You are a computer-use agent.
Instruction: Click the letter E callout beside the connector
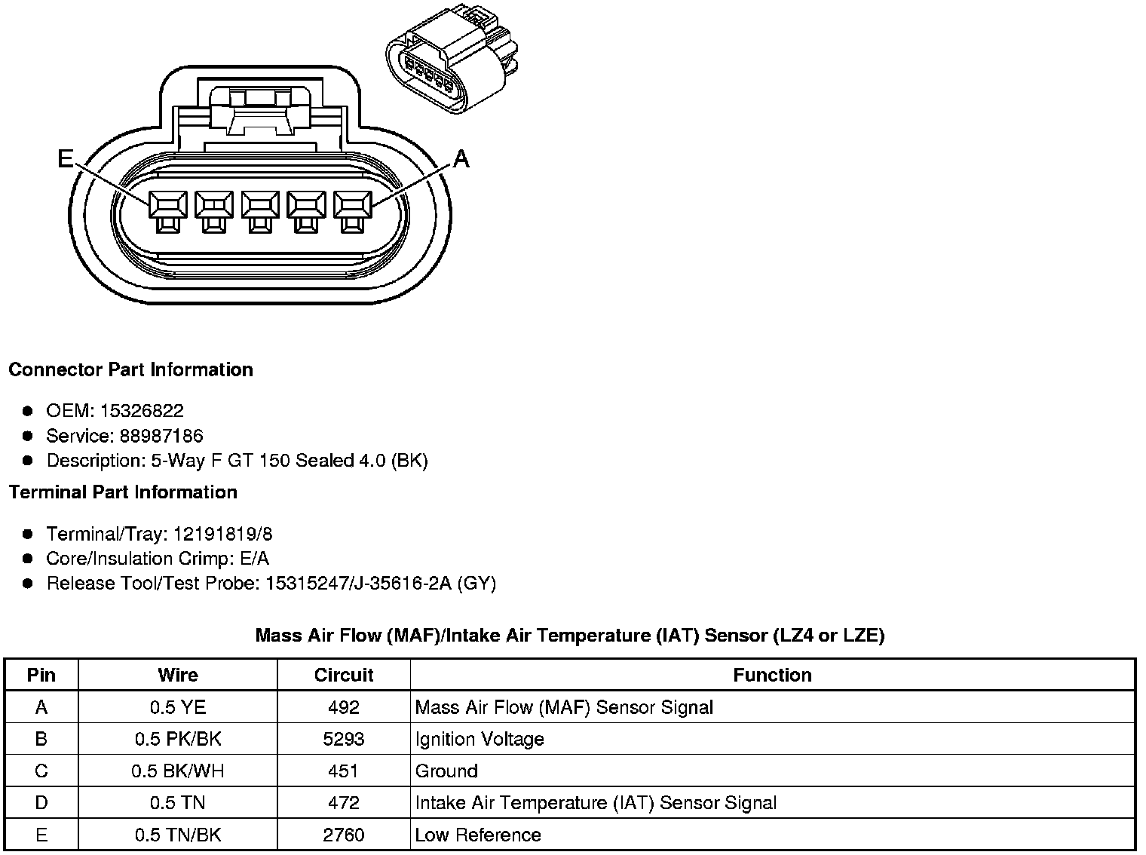tap(66, 158)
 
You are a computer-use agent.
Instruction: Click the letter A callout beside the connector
tap(461, 158)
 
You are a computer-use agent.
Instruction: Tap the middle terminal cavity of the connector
tap(260, 211)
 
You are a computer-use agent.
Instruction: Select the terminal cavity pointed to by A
tap(352, 211)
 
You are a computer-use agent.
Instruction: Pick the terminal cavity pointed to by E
tap(168, 211)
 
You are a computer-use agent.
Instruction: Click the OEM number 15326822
tap(142, 411)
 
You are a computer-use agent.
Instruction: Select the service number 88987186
tap(161, 436)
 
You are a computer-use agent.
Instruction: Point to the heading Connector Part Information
tap(131, 369)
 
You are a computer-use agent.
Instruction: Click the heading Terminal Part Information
tap(123, 492)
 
